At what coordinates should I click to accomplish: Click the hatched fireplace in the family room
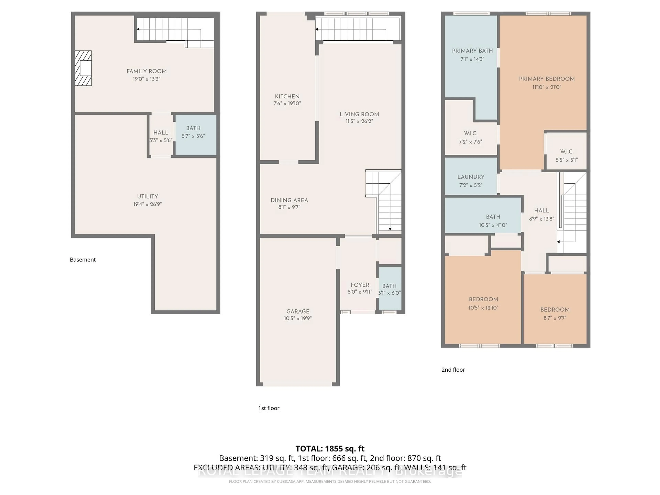pyautogui.click(x=83, y=68)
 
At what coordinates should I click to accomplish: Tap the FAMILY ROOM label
pyautogui.click(x=146, y=71)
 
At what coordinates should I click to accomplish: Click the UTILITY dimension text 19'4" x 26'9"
pyautogui.click(x=147, y=204)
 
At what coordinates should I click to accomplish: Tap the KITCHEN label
pyautogui.click(x=287, y=96)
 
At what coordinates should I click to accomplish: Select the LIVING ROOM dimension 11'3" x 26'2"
pyautogui.click(x=359, y=121)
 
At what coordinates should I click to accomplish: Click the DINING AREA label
pyautogui.click(x=289, y=200)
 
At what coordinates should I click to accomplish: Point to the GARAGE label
pyautogui.click(x=298, y=311)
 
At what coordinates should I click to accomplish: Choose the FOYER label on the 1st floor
pyautogui.click(x=360, y=285)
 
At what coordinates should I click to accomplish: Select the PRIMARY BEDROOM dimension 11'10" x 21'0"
pyautogui.click(x=547, y=87)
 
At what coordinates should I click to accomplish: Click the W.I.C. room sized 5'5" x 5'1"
pyautogui.click(x=566, y=155)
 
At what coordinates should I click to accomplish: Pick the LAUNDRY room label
pyautogui.click(x=471, y=177)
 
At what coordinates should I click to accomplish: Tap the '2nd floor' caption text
pyautogui.click(x=453, y=370)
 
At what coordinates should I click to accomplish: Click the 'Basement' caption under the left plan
pyautogui.click(x=83, y=260)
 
